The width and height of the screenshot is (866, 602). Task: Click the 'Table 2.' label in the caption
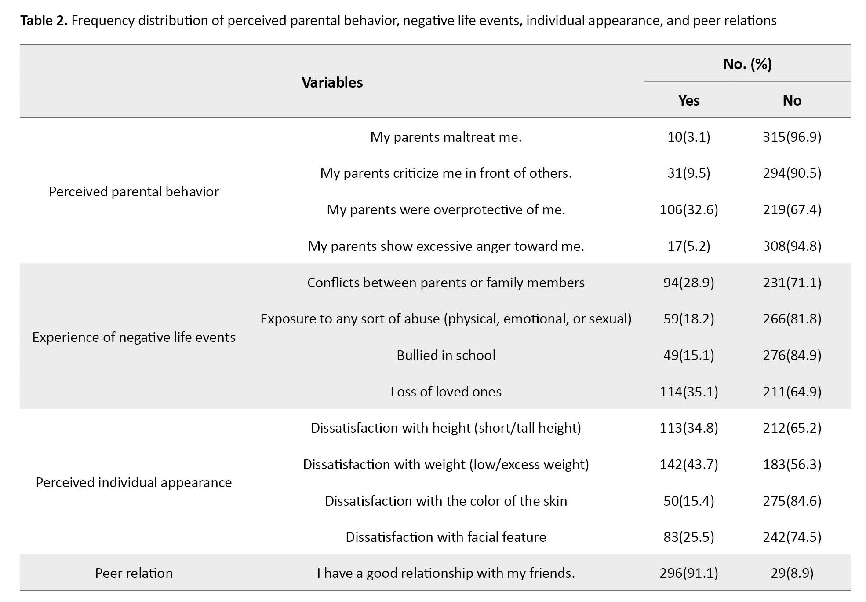point(44,20)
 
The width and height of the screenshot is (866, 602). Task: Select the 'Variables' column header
point(332,82)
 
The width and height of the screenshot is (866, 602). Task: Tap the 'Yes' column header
point(688,100)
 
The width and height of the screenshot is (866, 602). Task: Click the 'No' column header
point(792,100)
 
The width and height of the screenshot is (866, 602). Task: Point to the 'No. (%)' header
point(747,64)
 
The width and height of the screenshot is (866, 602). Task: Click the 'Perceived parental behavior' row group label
point(134,191)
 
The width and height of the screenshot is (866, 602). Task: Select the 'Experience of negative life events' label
point(134,337)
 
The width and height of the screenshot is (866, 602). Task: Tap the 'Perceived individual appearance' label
point(134,482)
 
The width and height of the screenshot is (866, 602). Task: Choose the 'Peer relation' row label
point(134,573)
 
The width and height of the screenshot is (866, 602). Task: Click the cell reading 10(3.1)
point(688,137)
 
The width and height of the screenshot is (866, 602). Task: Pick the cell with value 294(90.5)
point(792,173)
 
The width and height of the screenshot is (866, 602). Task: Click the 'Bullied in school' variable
point(446,355)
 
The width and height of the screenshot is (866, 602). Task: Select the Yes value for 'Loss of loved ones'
point(688,392)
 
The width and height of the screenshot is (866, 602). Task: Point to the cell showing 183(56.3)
point(792,464)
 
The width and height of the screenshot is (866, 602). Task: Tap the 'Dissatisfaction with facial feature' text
point(446,537)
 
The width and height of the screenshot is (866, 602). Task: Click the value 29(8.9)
point(792,573)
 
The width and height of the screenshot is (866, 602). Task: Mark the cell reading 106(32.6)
point(688,209)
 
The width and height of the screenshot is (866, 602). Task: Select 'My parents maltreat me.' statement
point(446,137)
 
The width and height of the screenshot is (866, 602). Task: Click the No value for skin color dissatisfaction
point(792,501)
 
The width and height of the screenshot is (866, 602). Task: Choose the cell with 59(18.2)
point(688,319)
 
